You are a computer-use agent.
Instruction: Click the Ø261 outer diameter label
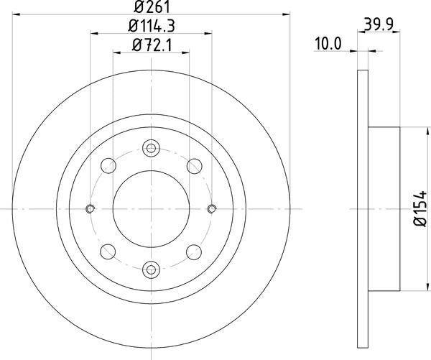(x=151, y=9)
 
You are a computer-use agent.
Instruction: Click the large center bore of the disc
(x=151, y=208)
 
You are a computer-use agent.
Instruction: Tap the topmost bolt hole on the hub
(x=151, y=149)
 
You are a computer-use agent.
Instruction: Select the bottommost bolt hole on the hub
(x=151, y=269)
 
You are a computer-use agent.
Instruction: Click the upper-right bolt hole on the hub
(x=193, y=166)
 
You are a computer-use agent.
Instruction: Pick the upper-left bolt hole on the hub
(x=108, y=166)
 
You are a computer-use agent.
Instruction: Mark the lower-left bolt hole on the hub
(x=108, y=251)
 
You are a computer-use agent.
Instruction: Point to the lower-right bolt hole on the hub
(x=193, y=251)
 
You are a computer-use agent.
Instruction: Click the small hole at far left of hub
(x=91, y=209)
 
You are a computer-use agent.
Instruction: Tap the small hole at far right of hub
(x=211, y=209)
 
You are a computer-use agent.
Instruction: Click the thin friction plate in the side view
(x=363, y=208)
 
